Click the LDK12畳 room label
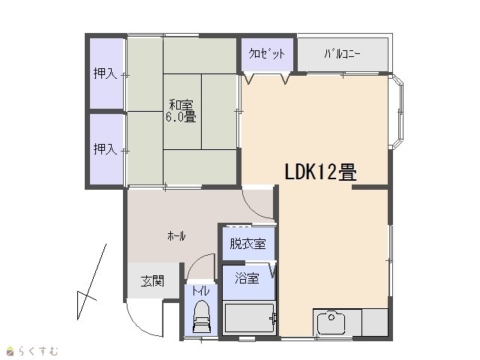pos(320,172)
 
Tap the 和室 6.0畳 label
pos(181,111)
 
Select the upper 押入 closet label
pos(105,73)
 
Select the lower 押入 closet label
pos(105,149)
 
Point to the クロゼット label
pos(267,53)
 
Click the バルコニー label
pos(342,54)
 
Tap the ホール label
pos(176,236)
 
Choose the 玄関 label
pos(152,281)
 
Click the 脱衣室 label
pos(247,244)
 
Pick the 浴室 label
pos(247,278)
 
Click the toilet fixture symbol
pos(201,316)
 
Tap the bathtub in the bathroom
pos(249,318)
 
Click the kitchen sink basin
pos(331,322)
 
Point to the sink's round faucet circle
pos(331,317)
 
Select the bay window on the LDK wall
pos(397,112)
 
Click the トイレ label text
pos(201,291)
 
